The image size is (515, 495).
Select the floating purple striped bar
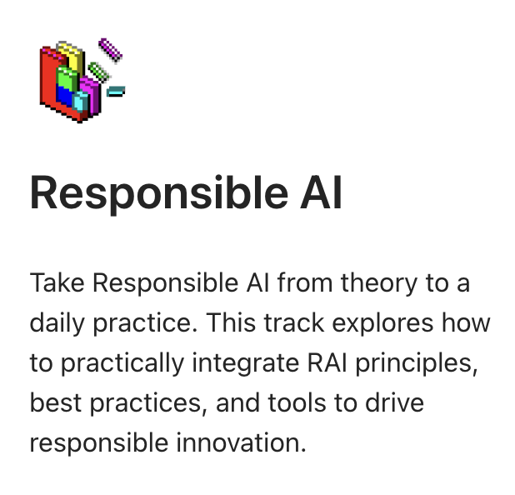click(x=110, y=49)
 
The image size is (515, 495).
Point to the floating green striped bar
click(x=99, y=72)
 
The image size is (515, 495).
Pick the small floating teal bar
click(x=116, y=91)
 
